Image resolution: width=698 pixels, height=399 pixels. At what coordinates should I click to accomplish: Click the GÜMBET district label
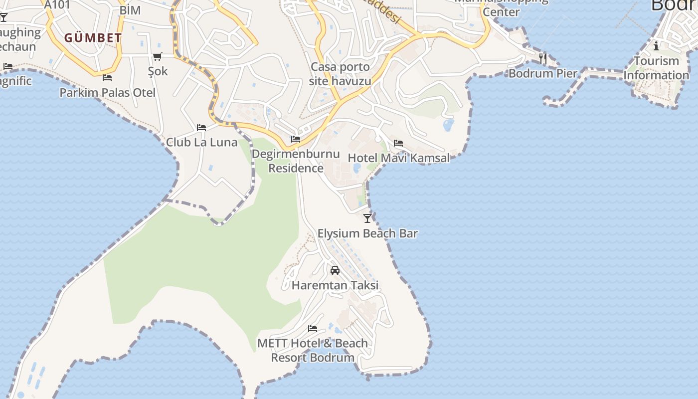[93, 38]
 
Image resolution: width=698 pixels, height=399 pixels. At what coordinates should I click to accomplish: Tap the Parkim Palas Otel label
[107, 93]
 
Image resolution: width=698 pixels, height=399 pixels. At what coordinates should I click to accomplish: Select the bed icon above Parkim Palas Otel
[107, 77]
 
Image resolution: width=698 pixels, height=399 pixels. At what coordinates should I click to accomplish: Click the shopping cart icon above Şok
[158, 57]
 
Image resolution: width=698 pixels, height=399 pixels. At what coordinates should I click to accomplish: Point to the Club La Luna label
[201, 142]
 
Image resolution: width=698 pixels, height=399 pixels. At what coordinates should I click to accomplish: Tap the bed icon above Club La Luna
[201, 128]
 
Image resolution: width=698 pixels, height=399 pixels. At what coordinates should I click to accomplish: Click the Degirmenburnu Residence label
[296, 161]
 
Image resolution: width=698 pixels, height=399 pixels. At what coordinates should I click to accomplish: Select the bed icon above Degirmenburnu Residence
[296, 139]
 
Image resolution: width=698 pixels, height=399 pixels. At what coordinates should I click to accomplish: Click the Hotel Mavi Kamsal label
[398, 158]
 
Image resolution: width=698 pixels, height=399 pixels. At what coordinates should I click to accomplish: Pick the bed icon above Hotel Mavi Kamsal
[398, 143]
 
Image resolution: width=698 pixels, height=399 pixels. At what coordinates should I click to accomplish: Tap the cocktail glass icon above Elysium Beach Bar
[367, 218]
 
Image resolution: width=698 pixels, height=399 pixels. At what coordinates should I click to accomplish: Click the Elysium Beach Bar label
[367, 233]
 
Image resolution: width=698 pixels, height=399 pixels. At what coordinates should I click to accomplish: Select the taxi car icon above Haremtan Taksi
[335, 270]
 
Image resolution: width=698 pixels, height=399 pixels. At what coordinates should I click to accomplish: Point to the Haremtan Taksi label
[335, 285]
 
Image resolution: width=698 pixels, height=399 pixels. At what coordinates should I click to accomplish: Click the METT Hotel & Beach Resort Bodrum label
[313, 350]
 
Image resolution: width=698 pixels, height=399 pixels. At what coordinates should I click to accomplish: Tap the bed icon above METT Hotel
[313, 328]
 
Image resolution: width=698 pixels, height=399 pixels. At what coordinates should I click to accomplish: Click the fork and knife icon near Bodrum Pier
[543, 58]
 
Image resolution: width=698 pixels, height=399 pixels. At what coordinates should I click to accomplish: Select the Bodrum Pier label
[543, 73]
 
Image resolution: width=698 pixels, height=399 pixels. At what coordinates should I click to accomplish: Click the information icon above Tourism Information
[656, 46]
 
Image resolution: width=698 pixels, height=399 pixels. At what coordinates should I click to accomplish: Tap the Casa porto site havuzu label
[340, 74]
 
